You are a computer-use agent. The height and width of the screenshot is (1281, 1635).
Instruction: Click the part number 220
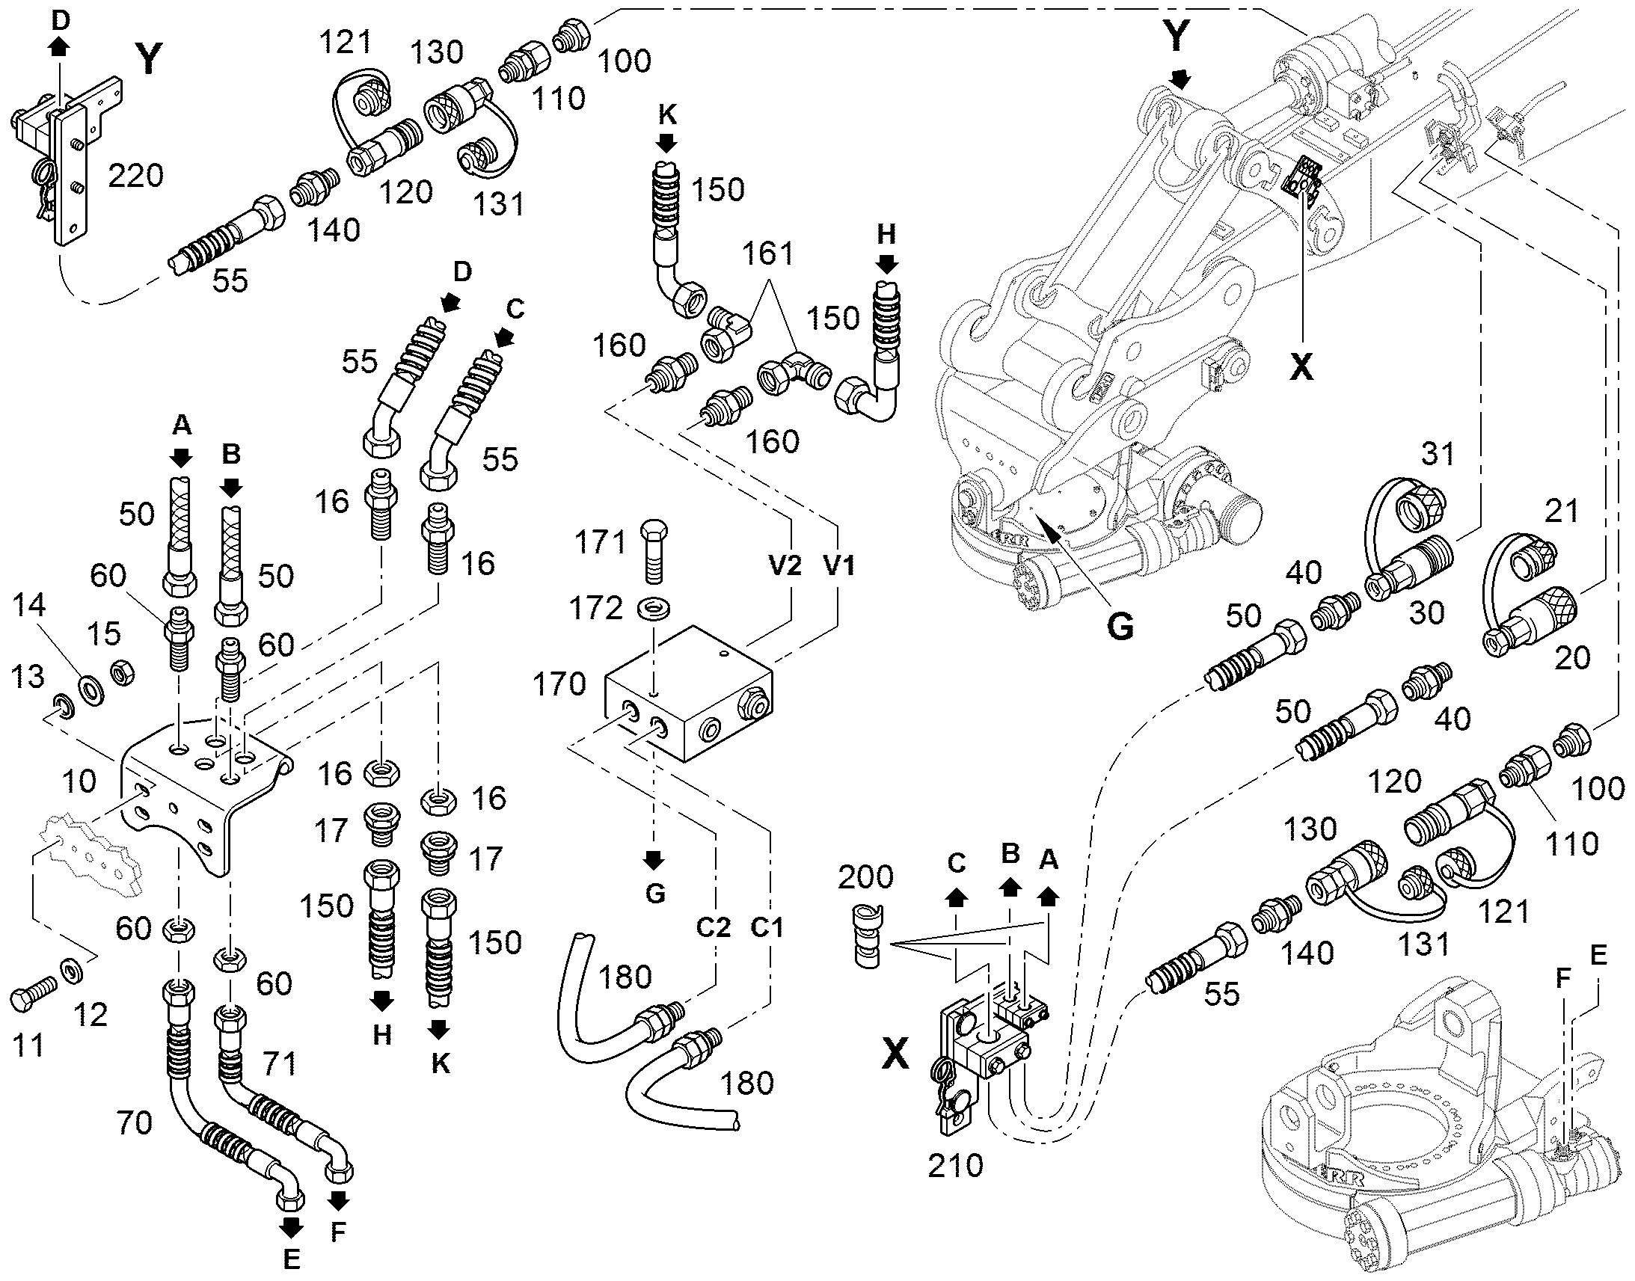click(x=135, y=176)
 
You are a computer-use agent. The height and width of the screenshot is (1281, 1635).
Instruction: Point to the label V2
click(x=785, y=565)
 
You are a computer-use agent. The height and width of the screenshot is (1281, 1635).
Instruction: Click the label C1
click(x=767, y=929)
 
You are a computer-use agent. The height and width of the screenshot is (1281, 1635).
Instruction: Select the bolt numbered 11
click(x=34, y=993)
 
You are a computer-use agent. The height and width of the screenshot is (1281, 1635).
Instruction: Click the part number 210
click(x=955, y=1166)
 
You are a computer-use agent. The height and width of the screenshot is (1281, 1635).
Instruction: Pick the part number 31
click(x=1437, y=454)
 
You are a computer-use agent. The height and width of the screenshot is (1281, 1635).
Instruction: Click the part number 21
click(x=1562, y=512)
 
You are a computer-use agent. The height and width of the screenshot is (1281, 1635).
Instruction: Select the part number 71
click(x=279, y=1063)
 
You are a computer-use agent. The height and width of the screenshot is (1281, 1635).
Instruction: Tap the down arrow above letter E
click(x=291, y=1227)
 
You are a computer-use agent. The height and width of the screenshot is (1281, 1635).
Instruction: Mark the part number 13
click(x=28, y=678)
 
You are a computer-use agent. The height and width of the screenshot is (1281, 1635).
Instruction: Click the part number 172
click(x=595, y=608)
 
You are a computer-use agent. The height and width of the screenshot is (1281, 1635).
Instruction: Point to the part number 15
click(x=104, y=633)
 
